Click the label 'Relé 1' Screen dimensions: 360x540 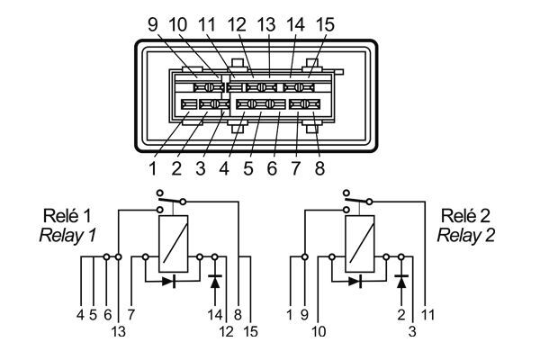(x=67, y=217)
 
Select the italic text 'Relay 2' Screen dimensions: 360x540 (x=464, y=236)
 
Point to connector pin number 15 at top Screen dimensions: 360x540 (x=325, y=25)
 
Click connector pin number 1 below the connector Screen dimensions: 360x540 (x=154, y=167)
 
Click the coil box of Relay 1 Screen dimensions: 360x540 (x=173, y=244)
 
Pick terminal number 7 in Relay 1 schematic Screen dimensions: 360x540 (x=131, y=314)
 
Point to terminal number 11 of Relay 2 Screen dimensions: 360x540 (x=427, y=314)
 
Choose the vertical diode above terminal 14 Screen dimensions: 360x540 (x=215, y=280)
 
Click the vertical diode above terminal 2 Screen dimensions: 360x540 (x=401, y=280)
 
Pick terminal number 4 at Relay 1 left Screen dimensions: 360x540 (x=81, y=314)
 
